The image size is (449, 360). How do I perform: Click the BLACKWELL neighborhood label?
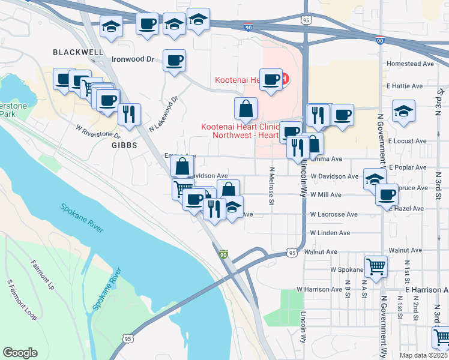pos(78,52)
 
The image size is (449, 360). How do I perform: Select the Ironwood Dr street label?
pos(133,60)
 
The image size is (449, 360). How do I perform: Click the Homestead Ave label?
pos(411,64)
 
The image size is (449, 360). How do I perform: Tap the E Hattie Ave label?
pos(411,86)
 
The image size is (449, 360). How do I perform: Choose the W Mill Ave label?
pos(326,195)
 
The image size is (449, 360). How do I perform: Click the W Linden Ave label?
pos(330,233)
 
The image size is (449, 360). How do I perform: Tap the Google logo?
pos(20,353)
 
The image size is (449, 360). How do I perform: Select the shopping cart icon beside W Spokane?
pos(376,266)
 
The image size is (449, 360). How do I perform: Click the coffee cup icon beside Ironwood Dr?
pos(174,61)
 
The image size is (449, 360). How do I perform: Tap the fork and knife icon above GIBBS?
pos(129,115)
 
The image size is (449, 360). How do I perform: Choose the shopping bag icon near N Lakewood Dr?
pos(246,109)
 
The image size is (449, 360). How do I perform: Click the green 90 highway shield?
pos(224,255)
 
